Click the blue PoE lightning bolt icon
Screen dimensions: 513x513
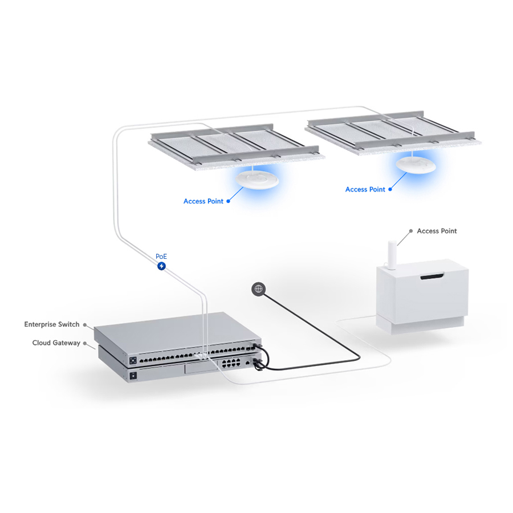pyautogui.click(x=161, y=266)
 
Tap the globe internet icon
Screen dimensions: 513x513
pyautogui.click(x=258, y=289)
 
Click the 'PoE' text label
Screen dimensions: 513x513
pyautogui.click(x=161, y=256)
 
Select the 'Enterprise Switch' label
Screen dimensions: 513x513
pyautogui.click(x=52, y=324)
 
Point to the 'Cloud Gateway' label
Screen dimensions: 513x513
pyautogui.click(x=56, y=343)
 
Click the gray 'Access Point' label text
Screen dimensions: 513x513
pyautogui.click(x=437, y=231)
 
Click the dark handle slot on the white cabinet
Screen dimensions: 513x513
pyautogui.click(x=432, y=277)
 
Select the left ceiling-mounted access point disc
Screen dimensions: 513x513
pyautogui.click(x=257, y=180)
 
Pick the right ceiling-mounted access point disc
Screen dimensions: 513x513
pyautogui.click(x=416, y=165)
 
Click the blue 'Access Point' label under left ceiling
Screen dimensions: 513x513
pyautogui.click(x=203, y=201)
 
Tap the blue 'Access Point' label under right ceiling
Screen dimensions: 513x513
pyautogui.click(x=365, y=189)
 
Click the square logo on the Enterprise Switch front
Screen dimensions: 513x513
pyautogui.click(x=133, y=361)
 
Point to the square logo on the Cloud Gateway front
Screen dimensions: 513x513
pyautogui.click(x=133, y=376)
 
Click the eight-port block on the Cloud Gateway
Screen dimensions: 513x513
pyautogui.click(x=231, y=363)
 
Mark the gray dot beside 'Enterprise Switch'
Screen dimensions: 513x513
pyautogui.click(x=85, y=325)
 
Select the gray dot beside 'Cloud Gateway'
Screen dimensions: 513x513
pyautogui.click(x=85, y=343)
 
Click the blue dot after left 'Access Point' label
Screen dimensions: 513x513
pyautogui.click(x=229, y=201)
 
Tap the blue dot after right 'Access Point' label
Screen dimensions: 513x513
pyautogui.click(x=390, y=189)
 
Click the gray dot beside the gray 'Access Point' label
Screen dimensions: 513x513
pyautogui.click(x=411, y=231)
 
